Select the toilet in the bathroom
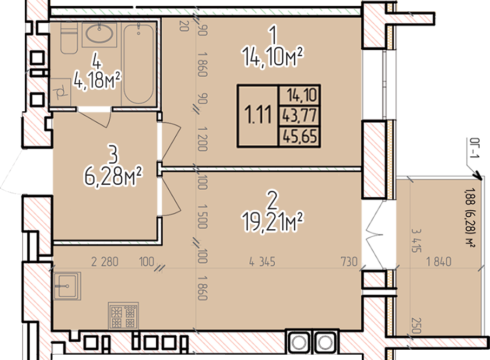69,38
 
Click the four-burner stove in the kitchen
123,315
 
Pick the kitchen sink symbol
67,286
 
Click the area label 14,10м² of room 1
273,57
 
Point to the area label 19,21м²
273,222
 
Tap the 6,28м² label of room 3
113,176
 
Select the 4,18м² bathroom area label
97,80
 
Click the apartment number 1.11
258,115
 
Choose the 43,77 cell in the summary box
300,116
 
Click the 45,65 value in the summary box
300,136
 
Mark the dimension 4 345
262,262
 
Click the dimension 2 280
105,262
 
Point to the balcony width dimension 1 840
439,262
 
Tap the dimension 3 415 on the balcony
416,241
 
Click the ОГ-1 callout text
474,148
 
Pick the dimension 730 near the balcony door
349,262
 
